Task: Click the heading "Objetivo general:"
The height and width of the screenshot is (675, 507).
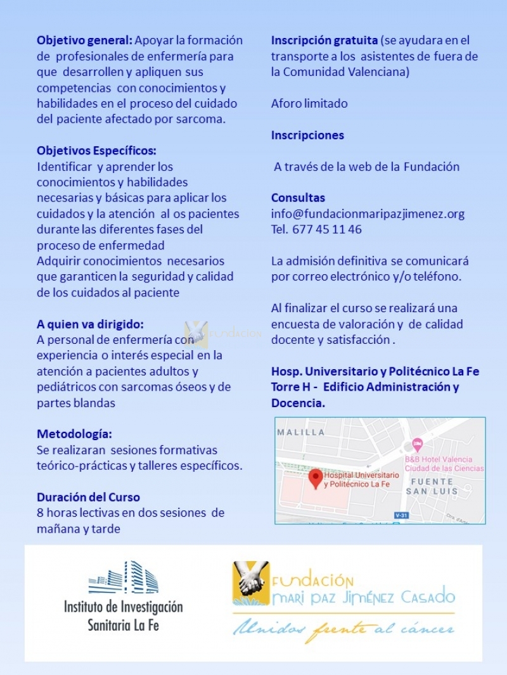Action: pyautogui.click(x=85, y=41)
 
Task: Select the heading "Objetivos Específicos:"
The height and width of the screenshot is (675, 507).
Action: pyautogui.click(x=96, y=151)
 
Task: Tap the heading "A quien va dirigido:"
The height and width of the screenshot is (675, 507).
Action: pyautogui.click(x=90, y=324)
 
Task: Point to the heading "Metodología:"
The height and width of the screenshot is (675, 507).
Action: pyautogui.click(x=74, y=434)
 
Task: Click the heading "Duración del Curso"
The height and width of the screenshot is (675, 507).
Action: pyautogui.click(x=88, y=497)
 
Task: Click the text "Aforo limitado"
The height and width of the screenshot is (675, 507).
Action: pyautogui.click(x=309, y=104)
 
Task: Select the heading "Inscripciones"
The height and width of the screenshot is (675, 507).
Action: pyautogui.click(x=307, y=136)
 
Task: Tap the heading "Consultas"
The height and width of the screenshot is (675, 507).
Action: pyautogui.click(x=298, y=198)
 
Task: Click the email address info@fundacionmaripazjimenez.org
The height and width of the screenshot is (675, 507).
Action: pyautogui.click(x=368, y=214)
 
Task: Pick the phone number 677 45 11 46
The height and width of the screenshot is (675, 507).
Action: pyautogui.click(x=327, y=230)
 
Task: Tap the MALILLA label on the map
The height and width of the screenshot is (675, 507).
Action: pyautogui.click(x=301, y=432)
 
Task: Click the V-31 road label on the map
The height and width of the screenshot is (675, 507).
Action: pyautogui.click(x=399, y=515)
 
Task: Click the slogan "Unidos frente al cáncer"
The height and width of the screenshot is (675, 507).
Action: pyautogui.click(x=343, y=629)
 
